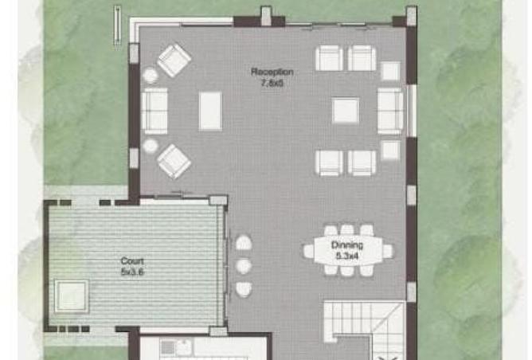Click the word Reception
tap(267, 72)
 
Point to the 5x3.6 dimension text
tap(132, 271)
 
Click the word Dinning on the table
tap(347, 245)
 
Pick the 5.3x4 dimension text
tap(347, 256)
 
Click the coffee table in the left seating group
tap(210, 111)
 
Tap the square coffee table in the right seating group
tap(346, 111)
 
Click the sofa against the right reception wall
tap(390, 111)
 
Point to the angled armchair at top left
tap(174, 59)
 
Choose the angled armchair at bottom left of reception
tap(174, 162)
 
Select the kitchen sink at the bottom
tap(170, 346)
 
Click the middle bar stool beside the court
tap(244, 265)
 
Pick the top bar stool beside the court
tap(244, 242)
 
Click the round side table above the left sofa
tap(150, 76)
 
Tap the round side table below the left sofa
tap(150, 146)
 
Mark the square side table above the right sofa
tap(390, 71)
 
